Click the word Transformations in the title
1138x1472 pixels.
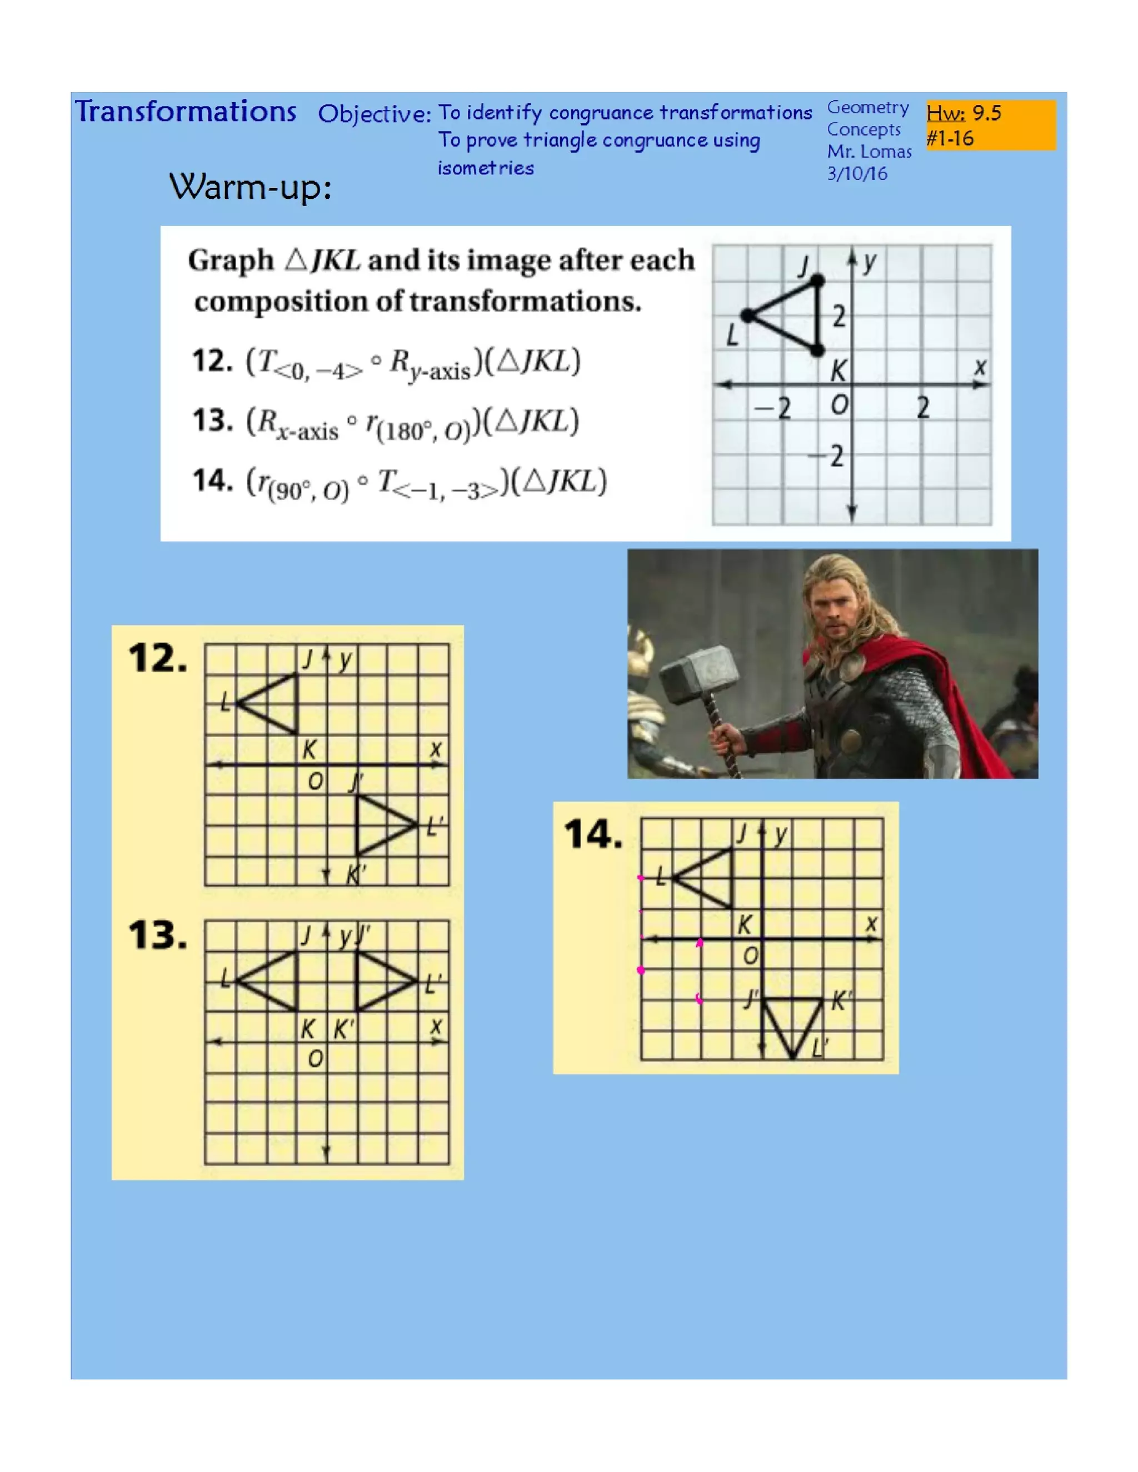coord(186,112)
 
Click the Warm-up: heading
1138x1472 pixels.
coord(250,187)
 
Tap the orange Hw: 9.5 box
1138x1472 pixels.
coord(990,124)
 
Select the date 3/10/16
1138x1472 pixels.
coord(857,174)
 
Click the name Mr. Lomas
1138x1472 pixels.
coord(869,152)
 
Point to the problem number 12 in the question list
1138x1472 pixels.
coord(211,361)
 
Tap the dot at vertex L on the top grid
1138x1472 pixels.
coord(748,315)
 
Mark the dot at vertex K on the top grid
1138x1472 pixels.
coord(817,350)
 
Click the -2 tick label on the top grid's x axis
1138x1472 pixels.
coord(773,408)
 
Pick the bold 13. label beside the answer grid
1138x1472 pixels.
coord(158,936)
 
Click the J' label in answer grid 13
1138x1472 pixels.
coord(364,935)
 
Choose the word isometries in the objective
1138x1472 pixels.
coord(486,168)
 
